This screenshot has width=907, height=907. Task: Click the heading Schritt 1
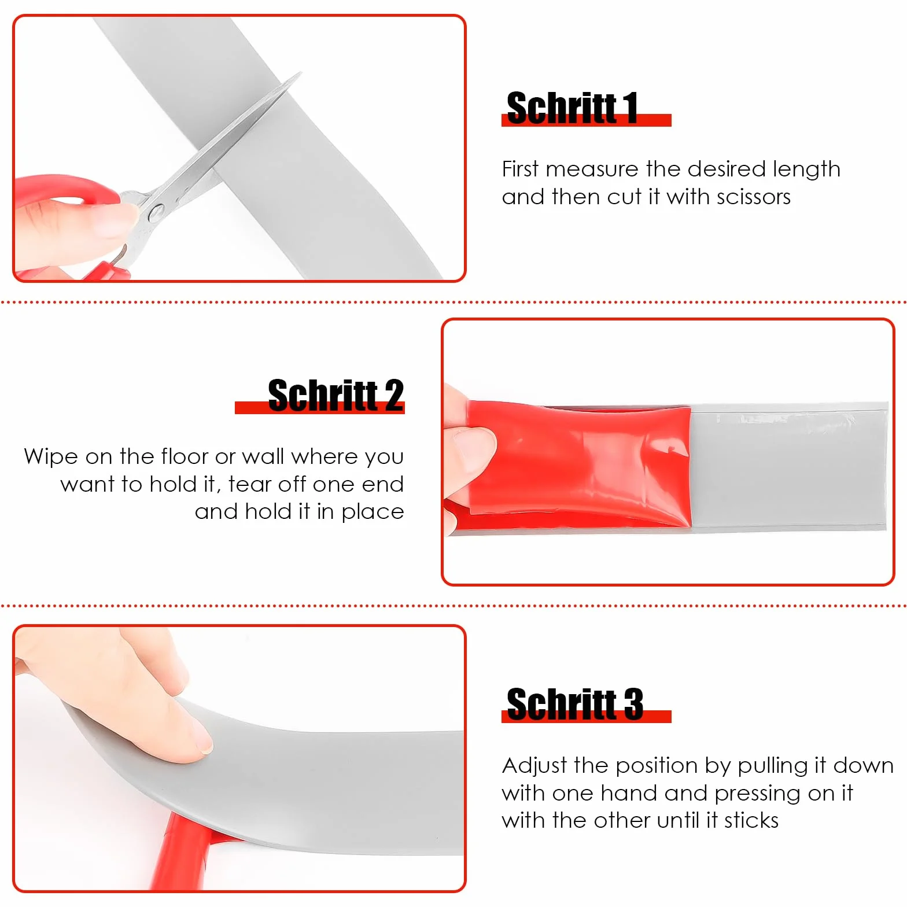point(572,108)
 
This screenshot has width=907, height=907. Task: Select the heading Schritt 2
point(335,396)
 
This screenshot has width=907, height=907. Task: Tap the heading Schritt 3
point(574,704)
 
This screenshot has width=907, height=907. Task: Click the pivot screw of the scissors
point(156,214)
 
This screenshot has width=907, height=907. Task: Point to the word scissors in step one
point(753,197)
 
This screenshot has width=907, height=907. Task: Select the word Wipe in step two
point(51,457)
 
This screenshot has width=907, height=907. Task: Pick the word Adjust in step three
point(535,766)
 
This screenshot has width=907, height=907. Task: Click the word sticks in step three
point(751,820)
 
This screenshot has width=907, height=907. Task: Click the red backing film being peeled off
point(578,463)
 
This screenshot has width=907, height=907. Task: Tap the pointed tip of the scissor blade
point(301,73)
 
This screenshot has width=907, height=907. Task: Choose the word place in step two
point(373,513)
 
